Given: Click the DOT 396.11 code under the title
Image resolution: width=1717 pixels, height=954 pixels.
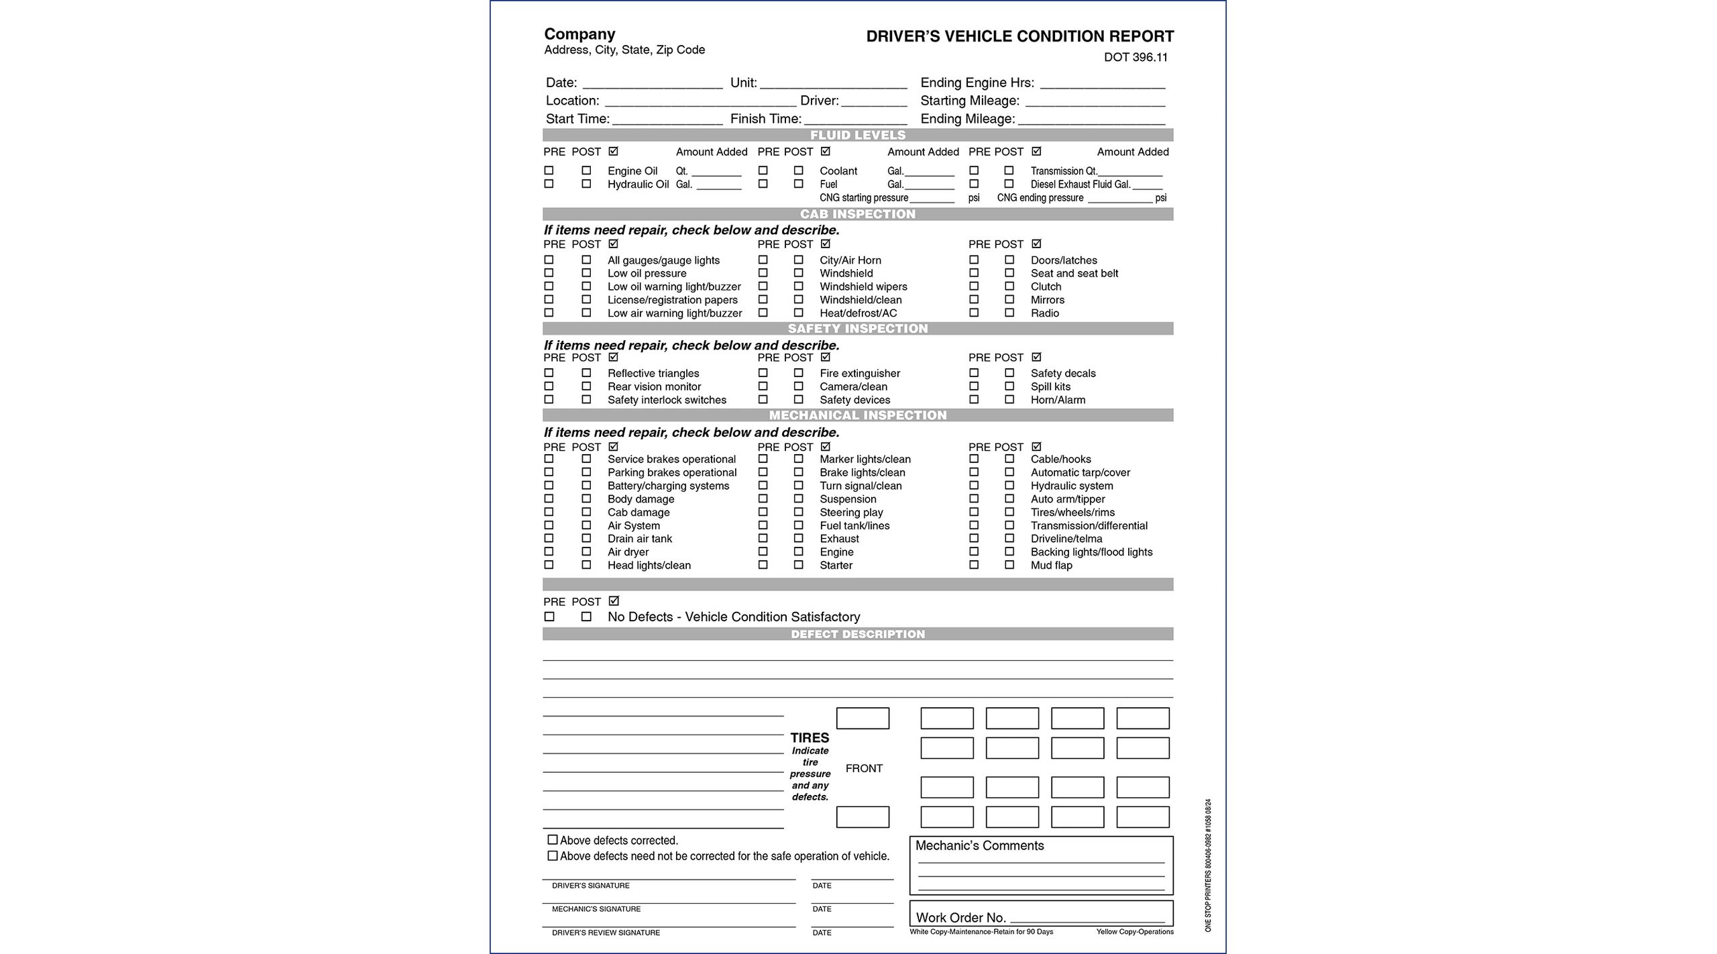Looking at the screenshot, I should point(1136,58).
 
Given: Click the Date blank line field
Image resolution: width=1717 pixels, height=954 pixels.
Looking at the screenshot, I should point(652,84).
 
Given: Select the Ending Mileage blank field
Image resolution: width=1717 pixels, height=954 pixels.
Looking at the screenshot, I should point(1091,120).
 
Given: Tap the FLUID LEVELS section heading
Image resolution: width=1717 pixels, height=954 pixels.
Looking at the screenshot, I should point(857,136).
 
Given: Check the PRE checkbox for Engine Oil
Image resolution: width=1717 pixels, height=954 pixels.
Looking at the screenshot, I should point(549,171).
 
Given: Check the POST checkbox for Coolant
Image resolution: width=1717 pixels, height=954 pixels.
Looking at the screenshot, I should point(798,171).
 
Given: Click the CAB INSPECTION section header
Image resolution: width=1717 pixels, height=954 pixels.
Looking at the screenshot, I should point(857,215).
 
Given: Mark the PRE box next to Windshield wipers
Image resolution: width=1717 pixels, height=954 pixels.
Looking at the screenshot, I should point(763,286).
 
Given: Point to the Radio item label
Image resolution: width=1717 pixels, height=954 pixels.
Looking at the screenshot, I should point(1044,313).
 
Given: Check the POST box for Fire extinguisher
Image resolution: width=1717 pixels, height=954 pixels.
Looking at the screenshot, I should point(798,373).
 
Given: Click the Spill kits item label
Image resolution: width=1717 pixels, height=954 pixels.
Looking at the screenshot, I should point(1050,387).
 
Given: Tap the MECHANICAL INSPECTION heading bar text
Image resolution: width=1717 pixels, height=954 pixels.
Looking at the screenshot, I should point(857,415).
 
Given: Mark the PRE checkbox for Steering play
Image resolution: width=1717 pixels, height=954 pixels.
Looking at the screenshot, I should point(763,513).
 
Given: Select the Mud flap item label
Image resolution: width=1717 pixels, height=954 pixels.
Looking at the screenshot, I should point(1051,566).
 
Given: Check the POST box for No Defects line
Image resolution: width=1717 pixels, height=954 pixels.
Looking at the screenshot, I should point(586,617).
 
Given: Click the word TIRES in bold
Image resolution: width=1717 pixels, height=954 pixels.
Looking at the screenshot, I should point(810,738).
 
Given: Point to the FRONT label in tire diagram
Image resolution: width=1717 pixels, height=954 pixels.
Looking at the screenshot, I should point(864,769).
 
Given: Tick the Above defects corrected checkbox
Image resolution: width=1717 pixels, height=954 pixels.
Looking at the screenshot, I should point(553,840).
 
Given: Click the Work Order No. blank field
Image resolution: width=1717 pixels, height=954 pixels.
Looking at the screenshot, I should point(1087,919).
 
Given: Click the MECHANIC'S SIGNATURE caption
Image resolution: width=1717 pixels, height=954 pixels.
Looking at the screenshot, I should point(596,910).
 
